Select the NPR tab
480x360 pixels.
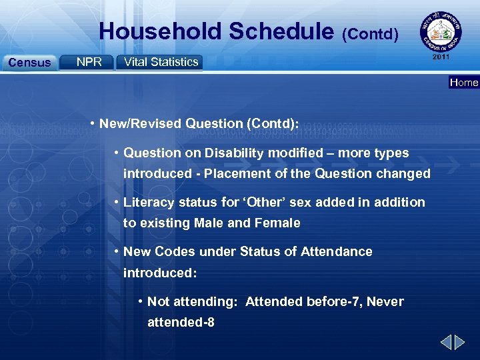(x=89, y=62)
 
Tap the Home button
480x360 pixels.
(x=464, y=83)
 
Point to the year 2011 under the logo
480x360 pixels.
(x=441, y=57)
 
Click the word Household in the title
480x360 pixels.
(x=160, y=31)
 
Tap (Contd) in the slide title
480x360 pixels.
(x=371, y=33)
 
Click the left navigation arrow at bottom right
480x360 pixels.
(x=445, y=343)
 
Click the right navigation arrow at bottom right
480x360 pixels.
(x=460, y=343)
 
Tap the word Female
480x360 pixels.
(x=278, y=223)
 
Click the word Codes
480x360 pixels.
(x=175, y=251)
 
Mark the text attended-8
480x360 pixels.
(x=181, y=322)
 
